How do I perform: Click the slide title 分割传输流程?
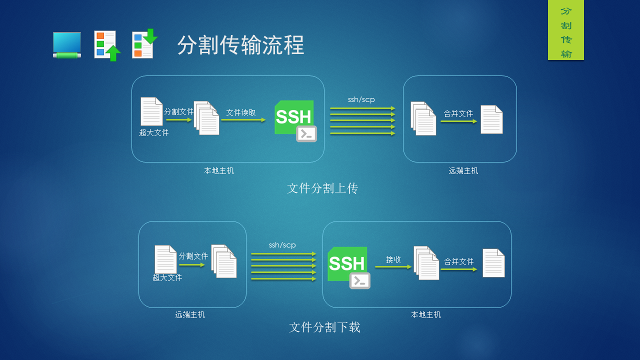pyautogui.click(x=240, y=45)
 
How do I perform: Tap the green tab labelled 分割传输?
pyautogui.click(x=565, y=30)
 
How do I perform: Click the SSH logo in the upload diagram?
pyautogui.click(x=295, y=120)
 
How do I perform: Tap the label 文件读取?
pyautogui.click(x=241, y=112)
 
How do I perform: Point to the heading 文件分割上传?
pyautogui.click(x=322, y=188)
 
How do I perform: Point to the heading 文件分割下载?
pyautogui.click(x=324, y=327)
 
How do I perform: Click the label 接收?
pyautogui.click(x=393, y=259)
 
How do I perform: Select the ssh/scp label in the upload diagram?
pyautogui.click(x=361, y=99)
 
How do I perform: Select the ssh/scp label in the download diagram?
pyautogui.click(x=282, y=245)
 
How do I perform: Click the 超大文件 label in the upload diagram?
pyautogui.click(x=154, y=132)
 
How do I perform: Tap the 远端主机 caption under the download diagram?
pyautogui.click(x=190, y=315)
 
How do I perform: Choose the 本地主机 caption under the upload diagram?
pyautogui.click(x=219, y=170)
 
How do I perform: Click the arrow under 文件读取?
pyautogui.click(x=243, y=120)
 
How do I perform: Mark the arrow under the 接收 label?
pyautogui.click(x=393, y=267)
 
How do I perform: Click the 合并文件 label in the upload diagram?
pyautogui.click(x=458, y=113)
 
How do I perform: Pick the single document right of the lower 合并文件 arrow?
pyautogui.click(x=493, y=263)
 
